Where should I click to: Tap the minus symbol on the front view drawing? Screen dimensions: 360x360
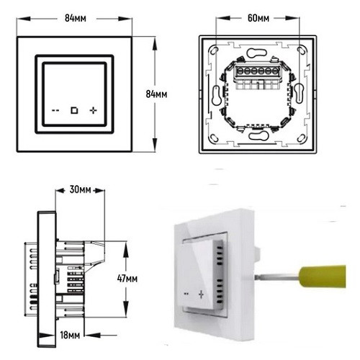coord(55,111)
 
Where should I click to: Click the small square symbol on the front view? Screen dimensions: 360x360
coord(73,111)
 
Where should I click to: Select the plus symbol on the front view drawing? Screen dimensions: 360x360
coord(92,111)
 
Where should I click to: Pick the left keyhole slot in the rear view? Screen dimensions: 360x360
coord(215,94)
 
